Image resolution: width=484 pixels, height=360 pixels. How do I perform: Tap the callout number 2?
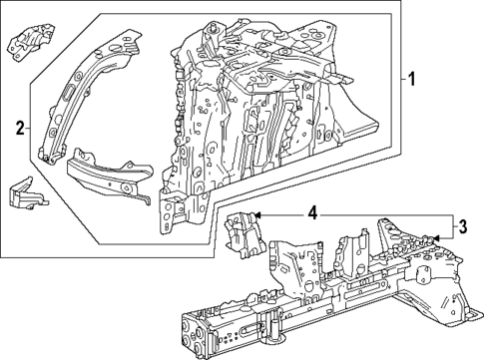[19, 126]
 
